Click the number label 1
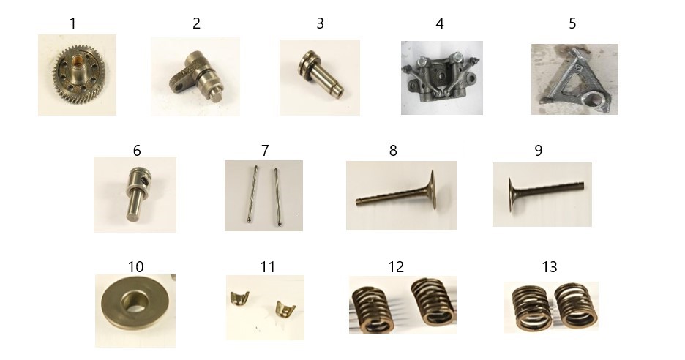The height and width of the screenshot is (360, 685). (73, 23)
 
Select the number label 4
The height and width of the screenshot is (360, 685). (440, 23)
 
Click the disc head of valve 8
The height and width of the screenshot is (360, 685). (432, 190)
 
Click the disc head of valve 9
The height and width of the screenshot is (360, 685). (511, 195)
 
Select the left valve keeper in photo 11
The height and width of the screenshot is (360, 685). (239, 298)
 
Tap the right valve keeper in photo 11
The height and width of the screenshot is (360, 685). (285, 308)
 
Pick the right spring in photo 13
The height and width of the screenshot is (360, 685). (576, 306)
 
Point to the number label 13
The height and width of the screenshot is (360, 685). (549, 266)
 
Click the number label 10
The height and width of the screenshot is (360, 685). (135, 266)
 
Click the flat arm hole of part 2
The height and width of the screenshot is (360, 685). (178, 87)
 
